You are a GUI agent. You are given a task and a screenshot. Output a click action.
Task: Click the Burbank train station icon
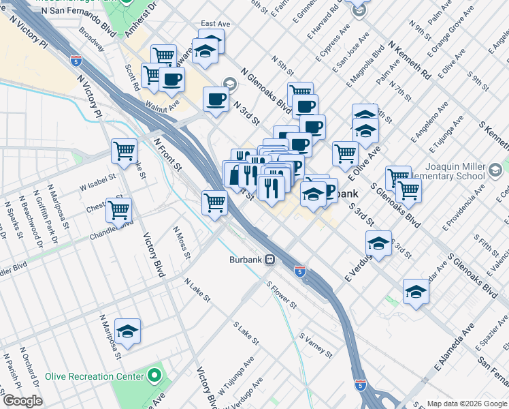[270, 259]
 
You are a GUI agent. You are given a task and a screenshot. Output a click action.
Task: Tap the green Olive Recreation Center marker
[155, 376]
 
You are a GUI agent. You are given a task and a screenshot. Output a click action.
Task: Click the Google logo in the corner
[22, 401]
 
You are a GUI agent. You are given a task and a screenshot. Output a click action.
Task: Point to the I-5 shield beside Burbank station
[299, 271]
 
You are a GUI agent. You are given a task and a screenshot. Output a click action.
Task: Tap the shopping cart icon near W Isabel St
[125, 150]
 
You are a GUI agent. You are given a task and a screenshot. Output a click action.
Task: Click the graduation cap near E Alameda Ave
[415, 291]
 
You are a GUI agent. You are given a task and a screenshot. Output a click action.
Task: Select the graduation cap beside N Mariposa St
[127, 331]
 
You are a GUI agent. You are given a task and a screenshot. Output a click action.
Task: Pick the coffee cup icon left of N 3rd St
[216, 98]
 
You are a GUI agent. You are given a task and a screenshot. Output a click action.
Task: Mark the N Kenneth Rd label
[409, 58]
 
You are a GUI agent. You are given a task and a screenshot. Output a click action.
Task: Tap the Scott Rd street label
[132, 78]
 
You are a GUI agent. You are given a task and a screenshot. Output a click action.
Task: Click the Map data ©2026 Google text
[466, 403]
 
